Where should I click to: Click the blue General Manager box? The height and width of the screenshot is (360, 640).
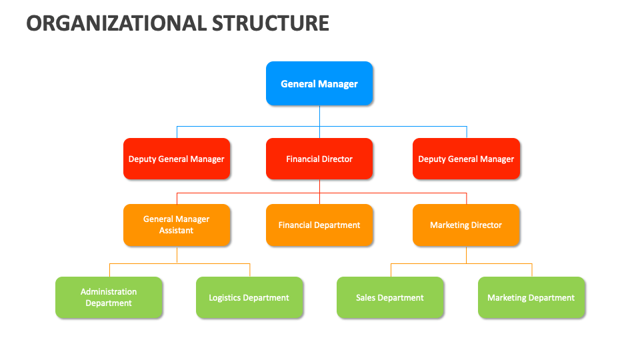(319, 84)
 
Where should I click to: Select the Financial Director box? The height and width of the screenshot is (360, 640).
(319, 159)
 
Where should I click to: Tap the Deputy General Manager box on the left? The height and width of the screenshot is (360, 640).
(177, 159)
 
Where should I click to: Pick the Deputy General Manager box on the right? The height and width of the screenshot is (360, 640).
(466, 159)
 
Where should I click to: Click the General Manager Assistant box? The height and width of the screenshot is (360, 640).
(177, 225)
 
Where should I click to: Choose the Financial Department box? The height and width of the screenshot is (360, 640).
(319, 225)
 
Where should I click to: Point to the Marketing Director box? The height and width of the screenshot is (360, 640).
(466, 225)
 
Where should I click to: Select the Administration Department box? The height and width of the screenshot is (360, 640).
(109, 297)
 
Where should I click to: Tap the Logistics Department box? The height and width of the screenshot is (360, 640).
(249, 298)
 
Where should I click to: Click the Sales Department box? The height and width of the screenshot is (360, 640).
(390, 298)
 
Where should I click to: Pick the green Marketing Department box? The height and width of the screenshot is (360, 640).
(531, 298)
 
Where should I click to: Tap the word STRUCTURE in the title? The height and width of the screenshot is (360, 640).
(271, 23)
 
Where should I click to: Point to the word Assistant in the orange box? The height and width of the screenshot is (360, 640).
(177, 231)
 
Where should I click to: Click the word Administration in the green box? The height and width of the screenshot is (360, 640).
(109, 292)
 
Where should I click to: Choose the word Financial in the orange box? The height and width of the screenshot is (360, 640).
(295, 225)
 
